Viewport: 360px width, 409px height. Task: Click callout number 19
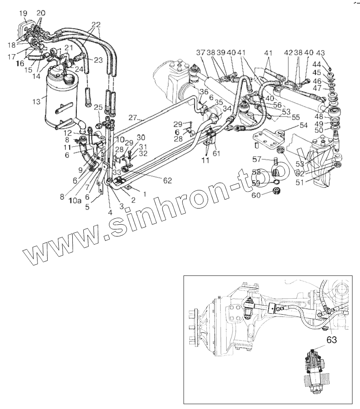click(x=23, y=13)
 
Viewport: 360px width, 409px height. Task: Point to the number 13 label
click(x=36, y=102)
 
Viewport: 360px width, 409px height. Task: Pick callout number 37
click(x=201, y=53)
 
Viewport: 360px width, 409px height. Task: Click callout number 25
click(x=98, y=107)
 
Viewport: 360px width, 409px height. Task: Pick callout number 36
click(x=203, y=91)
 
